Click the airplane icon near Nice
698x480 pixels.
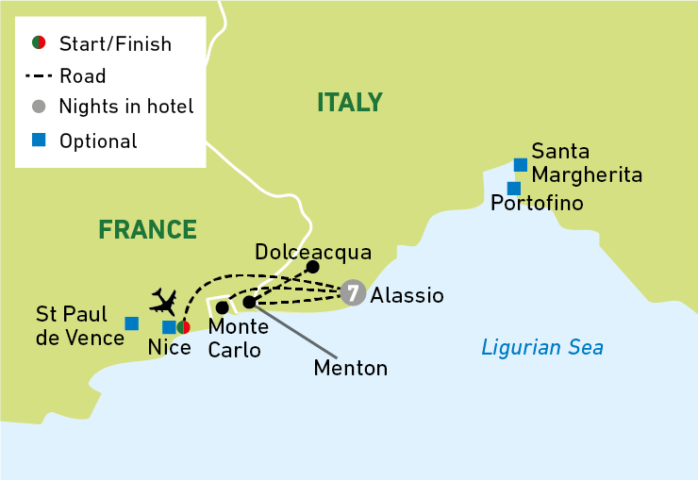pos(163,302)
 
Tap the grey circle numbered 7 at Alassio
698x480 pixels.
pos(353,292)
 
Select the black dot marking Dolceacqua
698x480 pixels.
pos(312,267)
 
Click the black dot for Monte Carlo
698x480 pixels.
pos(222,307)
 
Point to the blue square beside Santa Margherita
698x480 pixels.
pos(520,164)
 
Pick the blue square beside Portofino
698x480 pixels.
pos(514,189)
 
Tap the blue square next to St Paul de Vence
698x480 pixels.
pos(132,323)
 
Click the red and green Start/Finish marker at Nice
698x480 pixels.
pos(184,327)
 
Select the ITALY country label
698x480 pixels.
pos(349,102)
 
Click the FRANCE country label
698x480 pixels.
pos(147,229)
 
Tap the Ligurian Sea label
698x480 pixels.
pos(541,348)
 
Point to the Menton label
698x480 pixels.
pos(350,368)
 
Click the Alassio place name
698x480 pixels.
pos(407,295)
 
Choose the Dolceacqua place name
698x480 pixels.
pos(313,252)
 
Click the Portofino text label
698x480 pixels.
pos(537,203)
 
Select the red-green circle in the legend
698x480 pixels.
pos(39,43)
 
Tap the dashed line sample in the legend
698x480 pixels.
pos(39,76)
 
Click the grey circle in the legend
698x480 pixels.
pos(39,107)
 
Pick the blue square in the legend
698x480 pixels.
pos(39,141)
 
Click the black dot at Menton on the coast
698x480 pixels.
pos(249,303)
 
